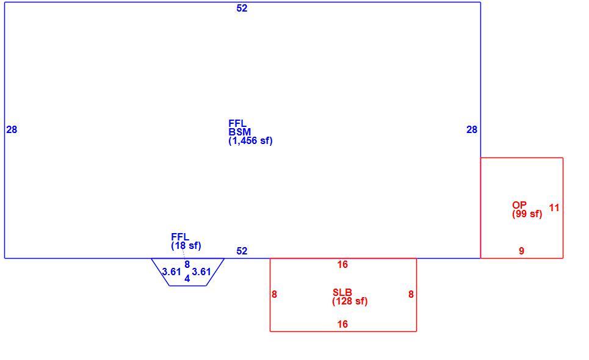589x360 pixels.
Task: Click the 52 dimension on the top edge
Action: point(242,9)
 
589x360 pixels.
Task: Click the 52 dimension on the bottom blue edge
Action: point(242,251)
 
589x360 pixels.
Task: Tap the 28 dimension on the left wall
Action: point(12,129)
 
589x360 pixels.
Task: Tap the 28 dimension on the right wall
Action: point(472,129)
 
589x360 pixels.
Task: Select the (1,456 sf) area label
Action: point(250,141)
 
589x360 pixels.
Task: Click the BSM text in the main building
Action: point(240,132)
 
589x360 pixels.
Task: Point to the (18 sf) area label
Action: point(186,245)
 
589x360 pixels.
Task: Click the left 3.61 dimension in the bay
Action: point(172,272)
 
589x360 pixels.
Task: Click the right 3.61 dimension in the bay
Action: point(201,272)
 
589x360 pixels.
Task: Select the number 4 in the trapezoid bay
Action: point(187,278)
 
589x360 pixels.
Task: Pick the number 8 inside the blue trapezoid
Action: point(187,265)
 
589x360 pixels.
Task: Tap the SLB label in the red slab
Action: point(342,292)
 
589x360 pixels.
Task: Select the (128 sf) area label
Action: point(350,301)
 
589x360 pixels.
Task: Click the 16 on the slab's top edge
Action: point(342,265)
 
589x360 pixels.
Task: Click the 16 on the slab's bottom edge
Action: point(342,324)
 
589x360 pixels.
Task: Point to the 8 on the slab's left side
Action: point(274,294)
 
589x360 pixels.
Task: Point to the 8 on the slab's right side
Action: point(411,294)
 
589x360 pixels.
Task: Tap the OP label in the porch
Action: point(519,205)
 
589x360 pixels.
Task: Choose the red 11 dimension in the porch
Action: point(554,207)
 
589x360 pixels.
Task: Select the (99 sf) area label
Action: point(527,214)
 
